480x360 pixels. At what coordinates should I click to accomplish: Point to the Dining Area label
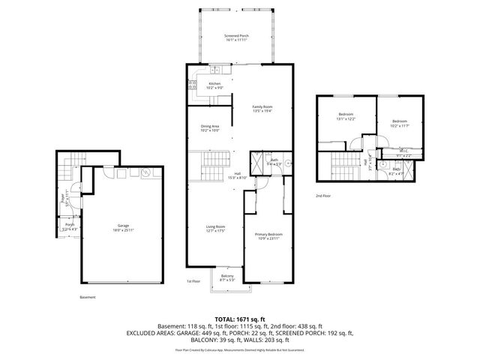coord(209,128)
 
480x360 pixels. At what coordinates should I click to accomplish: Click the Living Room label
coord(216,228)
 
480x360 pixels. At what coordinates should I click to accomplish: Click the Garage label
coord(123,227)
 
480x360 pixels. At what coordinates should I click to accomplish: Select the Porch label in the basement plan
coord(69,226)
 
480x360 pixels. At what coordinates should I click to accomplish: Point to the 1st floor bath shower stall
coord(258,160)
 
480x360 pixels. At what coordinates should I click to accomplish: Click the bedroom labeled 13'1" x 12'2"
coord(345,116)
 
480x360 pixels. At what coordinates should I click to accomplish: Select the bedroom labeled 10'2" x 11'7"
coord(399,123)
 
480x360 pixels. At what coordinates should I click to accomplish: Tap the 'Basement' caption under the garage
coord(88,297)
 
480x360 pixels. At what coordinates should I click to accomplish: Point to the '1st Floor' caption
coord(193,281)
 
